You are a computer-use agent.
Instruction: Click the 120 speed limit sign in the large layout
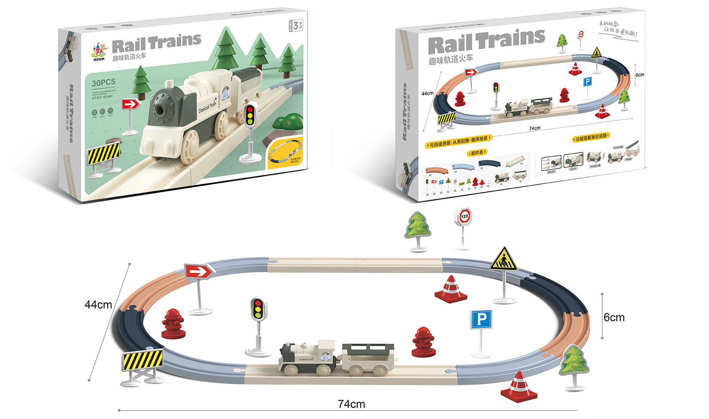(464, 217)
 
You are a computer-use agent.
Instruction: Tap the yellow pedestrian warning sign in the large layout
(504, 260)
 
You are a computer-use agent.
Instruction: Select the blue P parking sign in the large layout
(482, 319)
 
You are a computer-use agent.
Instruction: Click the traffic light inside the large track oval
(258, 309)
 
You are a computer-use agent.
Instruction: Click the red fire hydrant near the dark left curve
(173, 324)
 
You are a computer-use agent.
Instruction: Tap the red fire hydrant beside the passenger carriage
(424, 341)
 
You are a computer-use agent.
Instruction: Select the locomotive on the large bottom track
(307, 357)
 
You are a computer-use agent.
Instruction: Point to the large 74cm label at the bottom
(351, 404)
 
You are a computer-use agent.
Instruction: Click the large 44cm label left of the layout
(98, 305)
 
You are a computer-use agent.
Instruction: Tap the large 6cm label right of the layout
(614, 318)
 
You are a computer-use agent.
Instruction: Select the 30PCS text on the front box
(104, 83)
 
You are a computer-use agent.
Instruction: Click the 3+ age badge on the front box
(297, 25)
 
